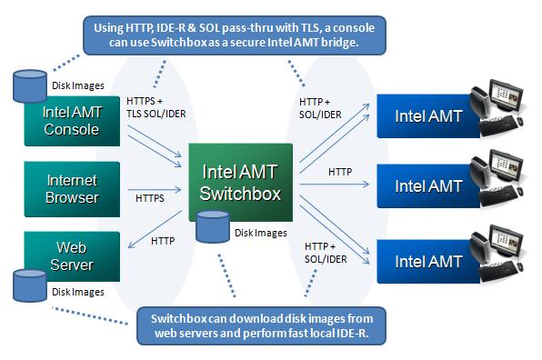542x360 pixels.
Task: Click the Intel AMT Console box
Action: pyautogui.click(x=72, y=121)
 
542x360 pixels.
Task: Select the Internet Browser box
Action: pyautogui.click(x=72, y=189)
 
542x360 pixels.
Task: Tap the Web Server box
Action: pyautogui.click(x=72, y=256)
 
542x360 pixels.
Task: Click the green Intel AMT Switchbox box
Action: pyautogui.click(x=241, y=182)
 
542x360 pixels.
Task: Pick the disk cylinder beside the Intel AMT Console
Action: pyautogui.click(x=30, y=86)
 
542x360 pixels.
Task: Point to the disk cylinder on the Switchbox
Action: pyautogui.click(x=213, y=226)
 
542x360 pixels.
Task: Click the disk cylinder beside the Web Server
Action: pyautogui.click(x=30, y=285)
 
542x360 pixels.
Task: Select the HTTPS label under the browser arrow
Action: pyautogui.click(x=150, y=198)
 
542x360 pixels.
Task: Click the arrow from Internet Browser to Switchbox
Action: pyautogui.click(x=155, y=189)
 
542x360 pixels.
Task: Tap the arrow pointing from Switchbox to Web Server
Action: pyautogui.click(x=155, y=229)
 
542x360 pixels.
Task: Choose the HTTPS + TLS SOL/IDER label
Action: pyautogui.click(x=156, y=107)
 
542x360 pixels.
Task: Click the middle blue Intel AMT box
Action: pyautogui.click(x=428, y=186)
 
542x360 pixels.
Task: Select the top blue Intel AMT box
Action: pyautogui.click(x=428, y=116)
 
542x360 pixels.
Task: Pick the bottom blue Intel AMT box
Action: pyautogui.click(x=428, y=262)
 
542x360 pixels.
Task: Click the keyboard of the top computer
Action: pyautogui.click(x=498, y=126)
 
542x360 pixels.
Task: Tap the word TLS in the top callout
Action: pyautogui.click(x=310, y=27)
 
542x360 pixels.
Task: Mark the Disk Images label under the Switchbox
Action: pyautogui.click(x=261, y=234)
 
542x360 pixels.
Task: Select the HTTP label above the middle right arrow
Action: pyautogui.click(x=340, y=172)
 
